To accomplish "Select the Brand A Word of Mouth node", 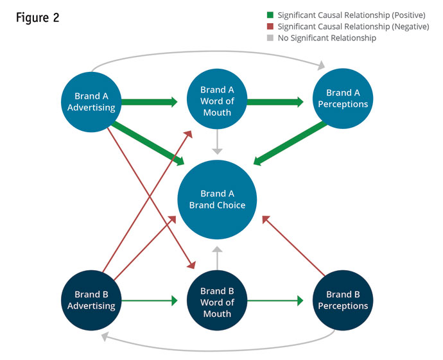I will click(x=217, y=101).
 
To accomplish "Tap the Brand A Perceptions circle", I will click(x=343, y=99).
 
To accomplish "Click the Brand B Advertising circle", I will click(x=91, y=300).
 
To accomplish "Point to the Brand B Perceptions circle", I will click(x=343, y=300).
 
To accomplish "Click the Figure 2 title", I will click(x=38, y=18).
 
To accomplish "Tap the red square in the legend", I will click(x=271, y=26).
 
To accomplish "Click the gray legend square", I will click(x=271, y=38).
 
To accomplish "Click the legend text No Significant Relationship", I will click(x=327, y=38).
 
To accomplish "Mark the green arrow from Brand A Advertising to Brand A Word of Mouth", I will click(x=149, y=101).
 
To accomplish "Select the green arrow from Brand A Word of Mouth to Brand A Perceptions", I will click(x=275, y=101).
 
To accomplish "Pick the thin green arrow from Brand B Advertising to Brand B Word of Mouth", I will click(x=149, y=300).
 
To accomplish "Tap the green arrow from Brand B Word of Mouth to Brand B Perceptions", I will click(x=275, y=300).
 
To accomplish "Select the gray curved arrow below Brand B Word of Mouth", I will click(x=218, y=350).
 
